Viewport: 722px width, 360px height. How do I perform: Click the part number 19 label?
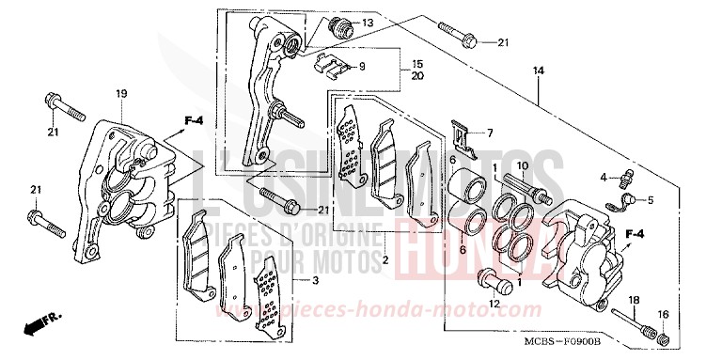click(120, 93)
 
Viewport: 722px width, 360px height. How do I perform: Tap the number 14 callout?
click(539, 70)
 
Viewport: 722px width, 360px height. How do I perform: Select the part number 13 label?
click(367, 23)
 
